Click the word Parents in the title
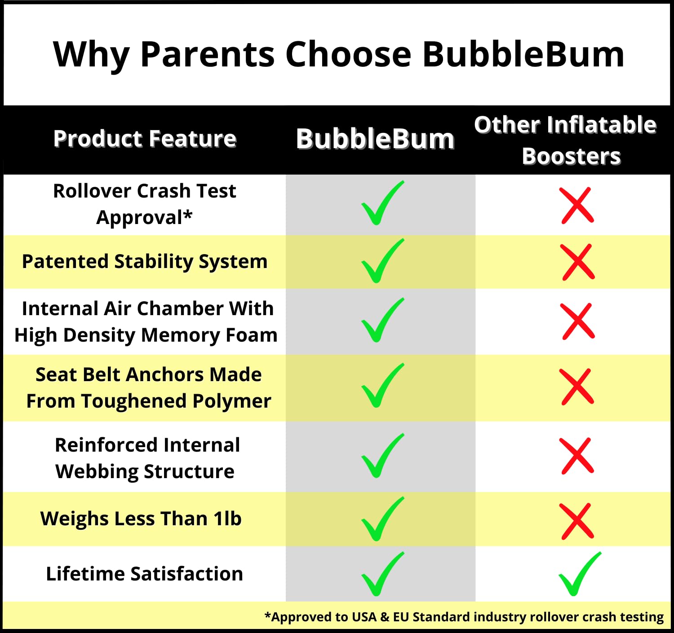click(207, 54)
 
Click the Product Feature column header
click(145, 139)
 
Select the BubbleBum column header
click(375, 139)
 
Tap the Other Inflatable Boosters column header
click(565, 140)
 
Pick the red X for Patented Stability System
click(577, 262)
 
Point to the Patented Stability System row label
click(145, 262)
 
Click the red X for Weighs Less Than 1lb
click(576, 521)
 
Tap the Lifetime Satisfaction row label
click(145, 574)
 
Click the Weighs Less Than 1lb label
click(141, 519)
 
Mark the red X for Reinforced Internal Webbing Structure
click(576, 456)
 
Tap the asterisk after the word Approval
click(188, 215)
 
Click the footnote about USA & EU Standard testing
click(464, 617)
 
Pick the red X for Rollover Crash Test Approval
click(576, 205)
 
